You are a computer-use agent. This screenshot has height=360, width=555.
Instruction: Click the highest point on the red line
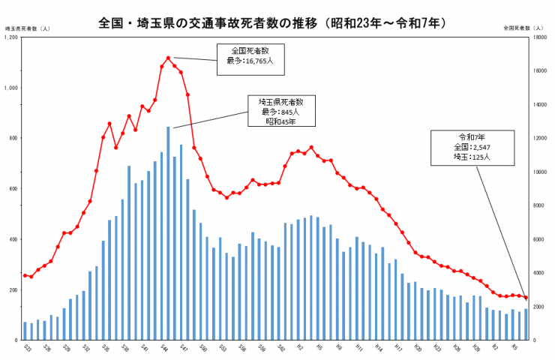[168, 58]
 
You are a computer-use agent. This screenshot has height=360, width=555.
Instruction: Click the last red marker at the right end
[526, 298]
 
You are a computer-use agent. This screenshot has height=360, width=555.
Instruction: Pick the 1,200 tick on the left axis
[11, 37]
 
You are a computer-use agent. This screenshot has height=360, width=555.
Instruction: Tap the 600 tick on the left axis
[13, 189]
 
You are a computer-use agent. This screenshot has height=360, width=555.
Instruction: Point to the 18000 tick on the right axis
[538, 37]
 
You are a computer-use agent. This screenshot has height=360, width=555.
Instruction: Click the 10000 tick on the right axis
[538, 172]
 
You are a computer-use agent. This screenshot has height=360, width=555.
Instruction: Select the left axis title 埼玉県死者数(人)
[28, 28]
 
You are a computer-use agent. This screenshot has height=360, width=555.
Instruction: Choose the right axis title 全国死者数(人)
[525, 28]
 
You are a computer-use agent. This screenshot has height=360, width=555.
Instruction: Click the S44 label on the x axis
[163, 347]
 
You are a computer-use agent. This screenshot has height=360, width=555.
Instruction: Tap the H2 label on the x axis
[299, 347]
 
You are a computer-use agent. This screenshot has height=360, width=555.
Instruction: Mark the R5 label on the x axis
[514, 347]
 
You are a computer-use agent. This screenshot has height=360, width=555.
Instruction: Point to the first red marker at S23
[25, 275]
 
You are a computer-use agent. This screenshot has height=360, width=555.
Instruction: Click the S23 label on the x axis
[26, 347]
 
